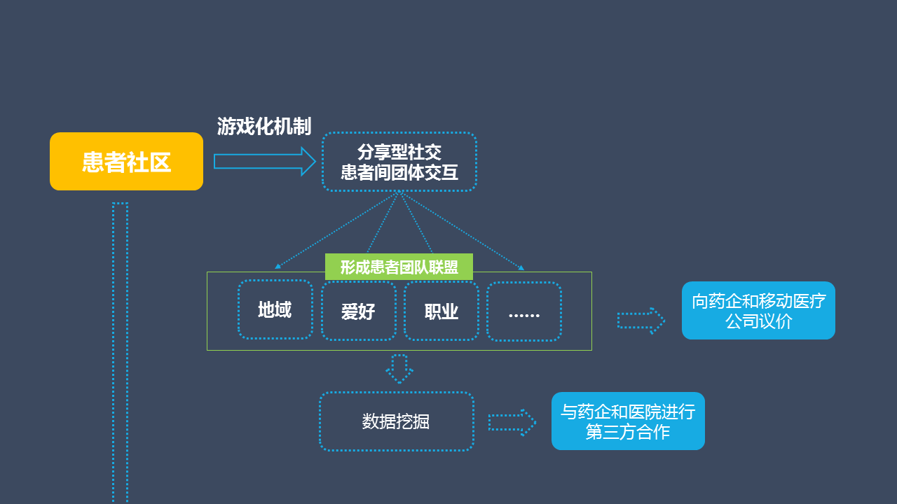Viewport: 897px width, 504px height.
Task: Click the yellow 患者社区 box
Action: point(126,162)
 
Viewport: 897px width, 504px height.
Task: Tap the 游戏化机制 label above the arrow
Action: point(264,127)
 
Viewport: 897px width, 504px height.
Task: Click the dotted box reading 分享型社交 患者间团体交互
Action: point(399,162)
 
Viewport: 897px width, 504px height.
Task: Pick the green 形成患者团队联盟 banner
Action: point(399,267)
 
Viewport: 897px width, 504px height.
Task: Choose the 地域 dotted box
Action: point(275,310)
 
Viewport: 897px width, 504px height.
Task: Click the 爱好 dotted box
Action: point(358,311)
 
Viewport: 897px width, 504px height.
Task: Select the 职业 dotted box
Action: point(441,311)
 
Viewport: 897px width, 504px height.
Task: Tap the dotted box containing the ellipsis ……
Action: point(524,311)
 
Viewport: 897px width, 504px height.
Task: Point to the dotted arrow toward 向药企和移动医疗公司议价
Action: point(641,321)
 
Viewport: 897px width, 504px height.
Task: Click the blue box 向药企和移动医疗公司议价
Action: point(758,311)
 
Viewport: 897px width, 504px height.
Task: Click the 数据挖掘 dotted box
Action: point(396,421)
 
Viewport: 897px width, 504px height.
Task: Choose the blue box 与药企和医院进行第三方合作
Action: point(628,421)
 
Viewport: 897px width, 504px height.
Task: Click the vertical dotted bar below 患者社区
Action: point(120,350)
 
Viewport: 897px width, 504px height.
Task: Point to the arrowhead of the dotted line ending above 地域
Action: point(278,267)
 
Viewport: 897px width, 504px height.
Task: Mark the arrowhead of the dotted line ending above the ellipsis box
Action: point(521,267)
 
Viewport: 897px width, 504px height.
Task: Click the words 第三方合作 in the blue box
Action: point(628,432)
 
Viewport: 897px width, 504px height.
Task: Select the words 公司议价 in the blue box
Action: point(758,322)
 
